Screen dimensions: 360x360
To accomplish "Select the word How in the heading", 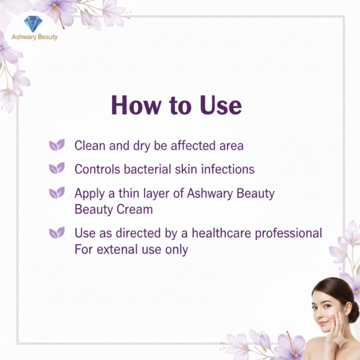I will pyautogui.click(x=136, y=106).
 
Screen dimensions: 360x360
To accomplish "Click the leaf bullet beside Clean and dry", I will pyautogui.click(x=56, y=145).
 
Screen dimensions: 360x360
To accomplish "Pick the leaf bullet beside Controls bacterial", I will pyautogui.click(x=56, y=169).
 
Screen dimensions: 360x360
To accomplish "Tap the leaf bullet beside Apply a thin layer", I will pyautogui.click(x=56, y=193).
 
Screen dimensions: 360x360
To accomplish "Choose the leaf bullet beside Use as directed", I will pyautogui.click(x=56, y=232).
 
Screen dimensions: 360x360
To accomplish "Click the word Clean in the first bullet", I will pyautogui.click(x=90, y=145).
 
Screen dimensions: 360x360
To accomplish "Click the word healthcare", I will pyautogui.click(x=213, y=233).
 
